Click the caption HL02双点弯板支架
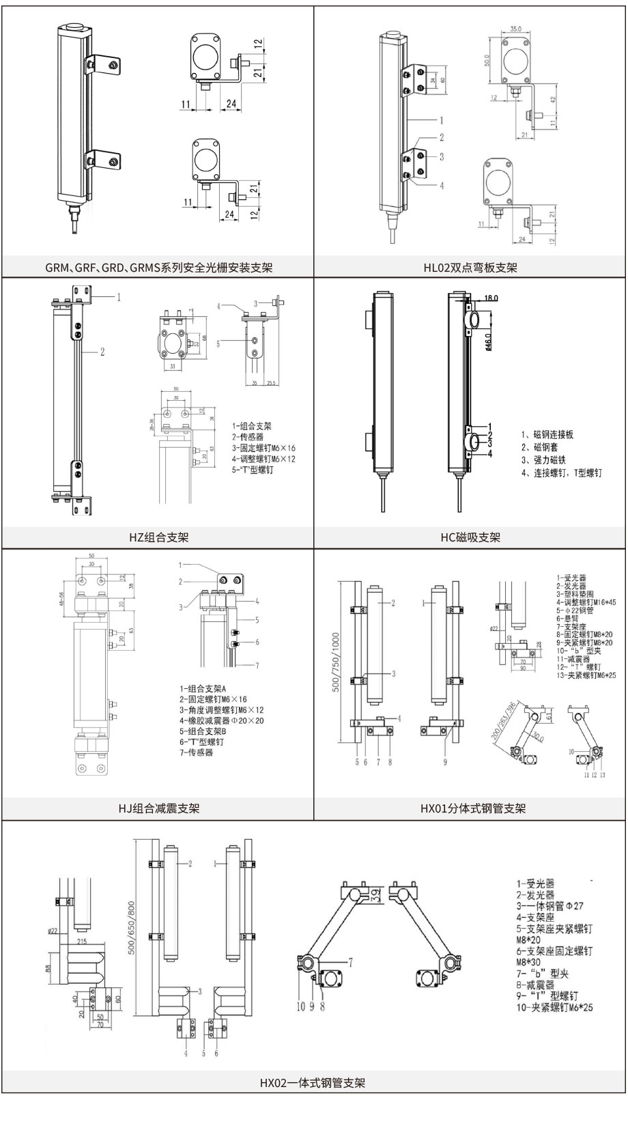pos(470,268)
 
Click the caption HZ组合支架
pos(158,537)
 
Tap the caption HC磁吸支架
pos(470,537)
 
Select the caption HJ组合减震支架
pos(158,808)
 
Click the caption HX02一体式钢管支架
pos(313,1083)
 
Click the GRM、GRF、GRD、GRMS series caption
pos(158,268)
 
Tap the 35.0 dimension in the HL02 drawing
pos(515,29)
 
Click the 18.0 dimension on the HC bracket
pos(491,298)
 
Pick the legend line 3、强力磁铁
pos(543,460)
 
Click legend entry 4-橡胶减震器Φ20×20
pos(221,720)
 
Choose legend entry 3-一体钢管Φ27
pos(549,906)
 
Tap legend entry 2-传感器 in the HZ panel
pos(247,436)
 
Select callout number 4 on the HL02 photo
pos(442,185)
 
